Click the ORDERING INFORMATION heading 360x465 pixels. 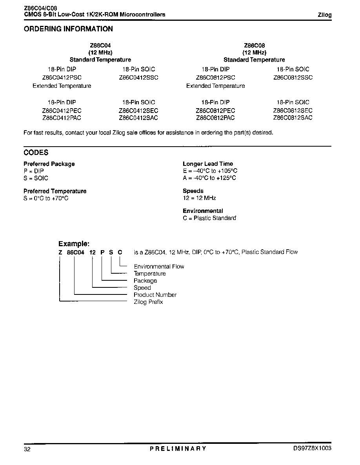pos(68,29)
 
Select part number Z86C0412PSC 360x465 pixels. pos(62,77)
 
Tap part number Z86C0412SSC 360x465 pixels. pos(138,77)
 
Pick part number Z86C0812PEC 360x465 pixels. pos(215,111)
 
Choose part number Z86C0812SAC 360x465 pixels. pos(293,118)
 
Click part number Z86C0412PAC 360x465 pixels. pos(62,118)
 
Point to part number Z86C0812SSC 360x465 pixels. pos(293,77)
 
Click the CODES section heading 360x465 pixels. pos(36,153)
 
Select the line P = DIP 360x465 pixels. pos(34,171)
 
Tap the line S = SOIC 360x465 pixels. pos(36,178)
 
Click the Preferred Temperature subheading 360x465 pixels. pos(55,191)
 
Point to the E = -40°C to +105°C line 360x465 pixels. pos(210,171)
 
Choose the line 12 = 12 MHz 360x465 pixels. pos(199,198)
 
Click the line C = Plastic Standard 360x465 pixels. pos(209,218)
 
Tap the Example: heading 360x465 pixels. pos(74,244)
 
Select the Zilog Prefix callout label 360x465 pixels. pos(148,302)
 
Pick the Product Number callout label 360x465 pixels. pos(155,295)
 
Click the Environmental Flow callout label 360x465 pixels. pos(159,267)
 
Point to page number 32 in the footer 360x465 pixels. pos(27,449)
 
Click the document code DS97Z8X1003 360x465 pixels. pos(312,448)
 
